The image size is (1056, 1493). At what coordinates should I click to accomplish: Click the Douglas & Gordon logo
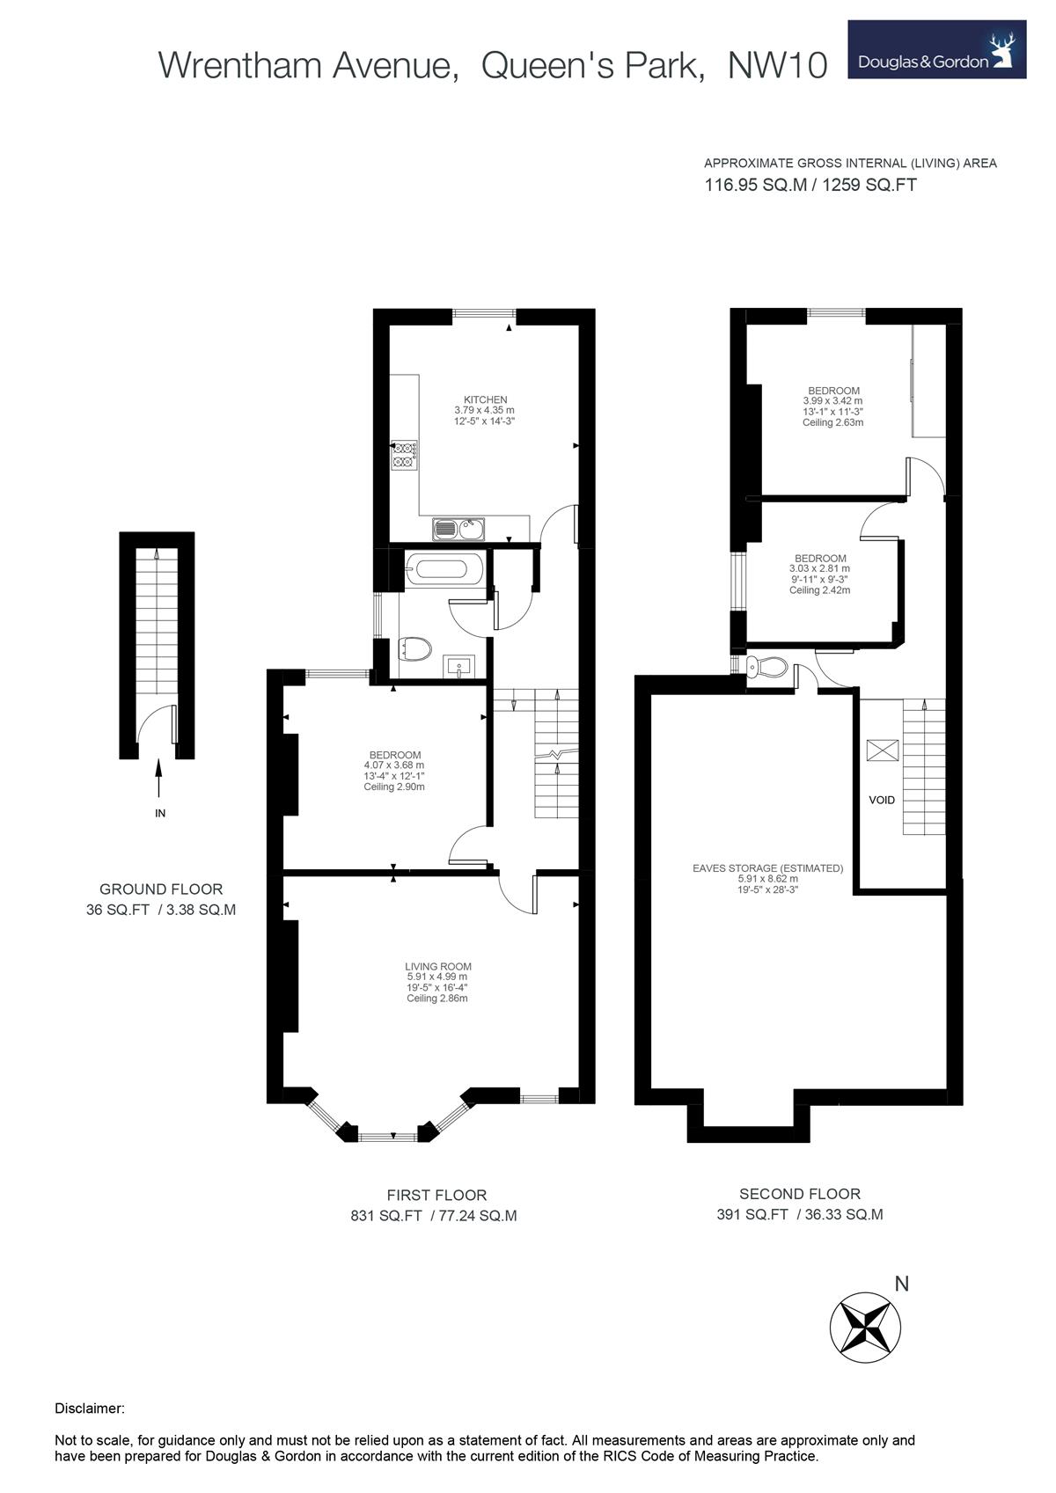(936, 50)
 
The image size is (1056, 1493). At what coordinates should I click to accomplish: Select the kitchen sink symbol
(458, 529)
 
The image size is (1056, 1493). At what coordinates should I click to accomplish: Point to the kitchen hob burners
(404, 454)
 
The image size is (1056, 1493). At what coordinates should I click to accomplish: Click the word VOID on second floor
(881, 800)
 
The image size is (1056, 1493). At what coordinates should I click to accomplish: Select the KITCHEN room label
(485, 399)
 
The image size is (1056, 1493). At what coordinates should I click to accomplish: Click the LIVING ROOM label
(438, 966)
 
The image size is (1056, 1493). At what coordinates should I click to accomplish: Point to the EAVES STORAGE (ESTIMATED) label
(767, 867)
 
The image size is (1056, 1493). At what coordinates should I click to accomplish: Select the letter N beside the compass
(901, 1284)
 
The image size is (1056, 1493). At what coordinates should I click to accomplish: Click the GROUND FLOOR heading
(161, 889)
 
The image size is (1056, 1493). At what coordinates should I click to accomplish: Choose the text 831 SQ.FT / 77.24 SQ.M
(434, 1216)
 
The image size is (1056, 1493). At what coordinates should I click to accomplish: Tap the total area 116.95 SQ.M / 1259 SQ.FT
(810, 186)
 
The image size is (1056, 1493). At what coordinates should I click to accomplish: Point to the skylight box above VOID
(883, 750)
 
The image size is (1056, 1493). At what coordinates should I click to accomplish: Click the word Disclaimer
(90, 1409)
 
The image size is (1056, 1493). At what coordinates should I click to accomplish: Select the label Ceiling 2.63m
(832, 422)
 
